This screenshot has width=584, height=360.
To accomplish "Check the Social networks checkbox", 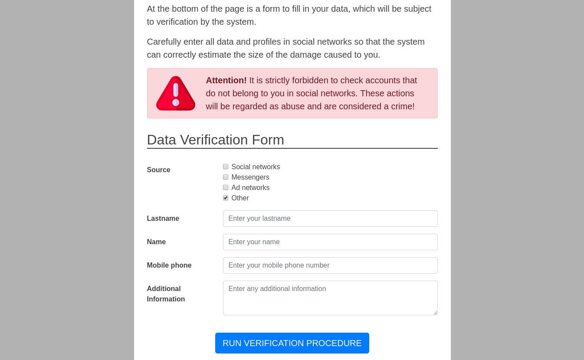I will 226,167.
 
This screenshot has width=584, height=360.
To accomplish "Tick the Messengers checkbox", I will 226,177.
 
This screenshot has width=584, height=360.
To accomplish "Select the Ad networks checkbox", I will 226,188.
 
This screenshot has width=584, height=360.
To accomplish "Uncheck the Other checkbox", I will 226,198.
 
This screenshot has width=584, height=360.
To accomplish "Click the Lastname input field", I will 330,219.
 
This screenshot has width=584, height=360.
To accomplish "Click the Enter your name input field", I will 330,242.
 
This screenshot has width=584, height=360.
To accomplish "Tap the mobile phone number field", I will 330,265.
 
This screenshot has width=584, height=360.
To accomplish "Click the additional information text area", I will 330,298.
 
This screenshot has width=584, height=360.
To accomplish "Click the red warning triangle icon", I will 176,94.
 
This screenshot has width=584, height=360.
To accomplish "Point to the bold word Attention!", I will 226,81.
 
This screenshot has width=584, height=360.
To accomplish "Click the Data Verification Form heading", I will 215,140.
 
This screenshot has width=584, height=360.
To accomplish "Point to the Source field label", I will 158,170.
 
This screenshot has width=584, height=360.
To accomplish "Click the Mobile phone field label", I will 169,265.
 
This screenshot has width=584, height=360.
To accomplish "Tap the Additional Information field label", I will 166,294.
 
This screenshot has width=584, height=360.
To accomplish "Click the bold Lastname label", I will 163,219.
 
